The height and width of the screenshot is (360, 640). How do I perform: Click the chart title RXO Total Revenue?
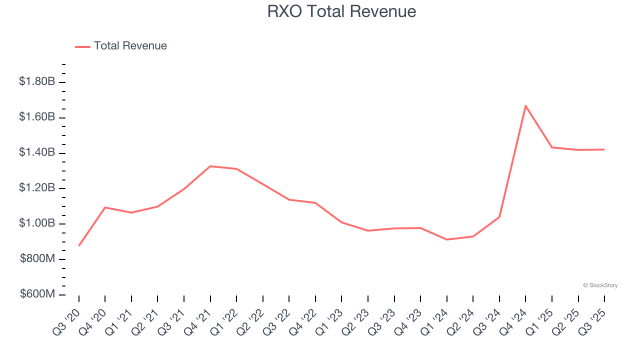pos(341,11)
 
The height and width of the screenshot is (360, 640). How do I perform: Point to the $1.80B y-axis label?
pos(37,81)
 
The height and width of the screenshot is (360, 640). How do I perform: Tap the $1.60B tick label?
pos(37,117)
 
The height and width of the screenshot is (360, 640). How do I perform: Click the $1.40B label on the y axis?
pos(37,152)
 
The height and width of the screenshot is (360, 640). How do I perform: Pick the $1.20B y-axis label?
pos(37,188)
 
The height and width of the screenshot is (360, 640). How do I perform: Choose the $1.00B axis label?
pos(37,223)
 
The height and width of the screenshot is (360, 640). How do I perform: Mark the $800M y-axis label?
pos(37,259)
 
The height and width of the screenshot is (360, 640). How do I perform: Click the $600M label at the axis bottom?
pos(37,294)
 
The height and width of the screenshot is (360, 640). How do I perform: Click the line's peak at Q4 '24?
pos(525,105)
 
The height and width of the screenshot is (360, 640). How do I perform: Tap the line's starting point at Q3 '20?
pos(79,245)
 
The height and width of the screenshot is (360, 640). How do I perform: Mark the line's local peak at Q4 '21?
pos(210,166)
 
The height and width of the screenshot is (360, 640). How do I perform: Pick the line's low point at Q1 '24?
pos(446,239)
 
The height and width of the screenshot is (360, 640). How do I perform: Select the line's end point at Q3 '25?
pos(604,149)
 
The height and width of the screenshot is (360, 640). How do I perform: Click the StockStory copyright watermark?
pos(600,285)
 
